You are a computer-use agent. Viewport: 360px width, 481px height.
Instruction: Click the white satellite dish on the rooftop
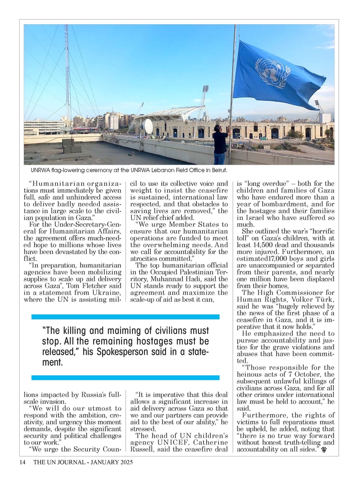(x=148, y=126)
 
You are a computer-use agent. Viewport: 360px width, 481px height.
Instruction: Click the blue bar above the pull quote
(x=125, y=317)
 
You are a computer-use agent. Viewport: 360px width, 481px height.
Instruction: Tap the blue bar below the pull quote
(x=125, y=377)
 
